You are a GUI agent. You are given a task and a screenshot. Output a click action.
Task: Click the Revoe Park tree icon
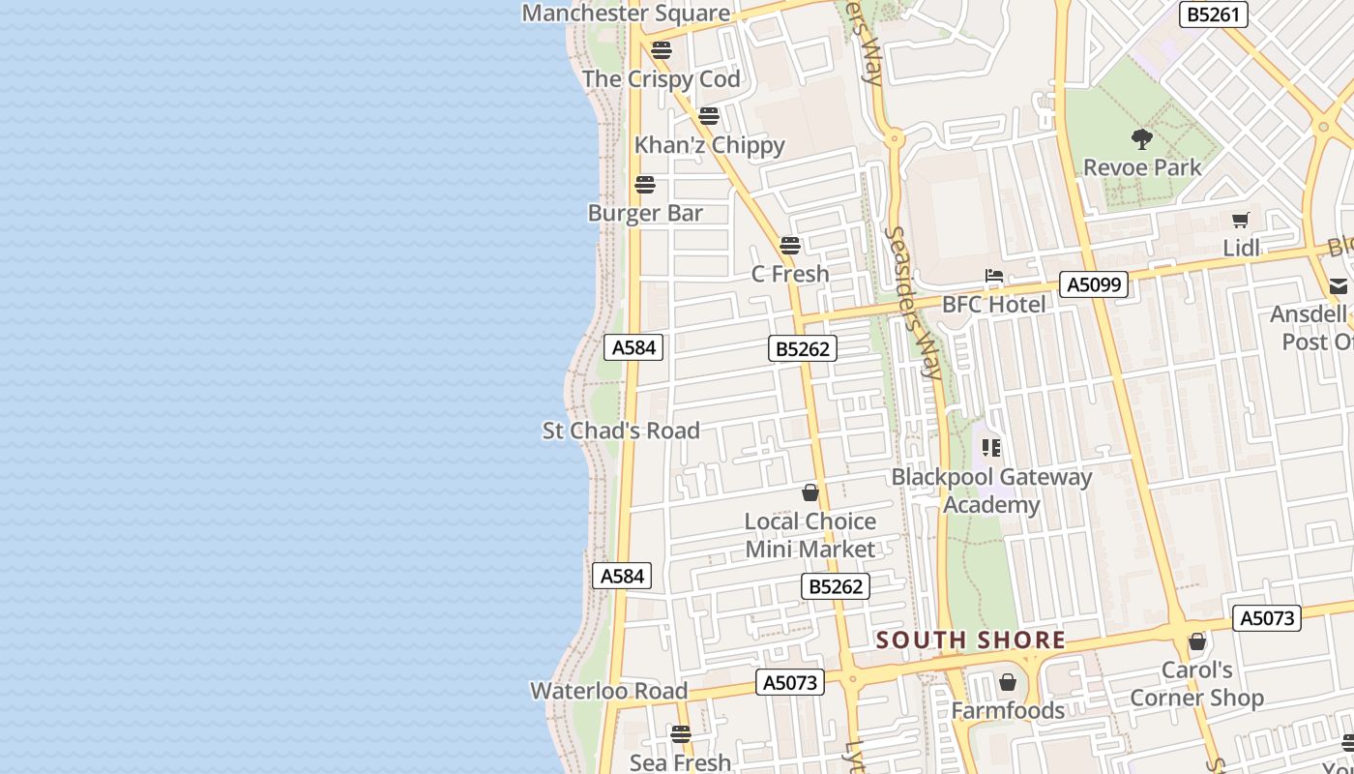coord(1142,139)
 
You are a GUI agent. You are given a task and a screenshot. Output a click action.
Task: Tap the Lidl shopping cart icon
coord(1241,221)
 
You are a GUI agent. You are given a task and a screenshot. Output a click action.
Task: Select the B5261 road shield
coord(1215,15)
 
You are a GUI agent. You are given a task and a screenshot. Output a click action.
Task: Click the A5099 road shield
coord(1094,284)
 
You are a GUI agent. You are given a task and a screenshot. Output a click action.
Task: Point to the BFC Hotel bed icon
coord(994,277)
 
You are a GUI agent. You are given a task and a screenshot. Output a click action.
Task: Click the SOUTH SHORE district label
coord(971,640)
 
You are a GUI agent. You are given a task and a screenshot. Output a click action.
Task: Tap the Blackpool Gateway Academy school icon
coord(991,448)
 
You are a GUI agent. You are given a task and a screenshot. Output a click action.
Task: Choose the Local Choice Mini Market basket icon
coord(810,492)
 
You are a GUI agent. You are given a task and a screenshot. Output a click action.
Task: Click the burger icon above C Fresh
coord(790,246)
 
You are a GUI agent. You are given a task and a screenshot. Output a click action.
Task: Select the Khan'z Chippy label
coord(709,145)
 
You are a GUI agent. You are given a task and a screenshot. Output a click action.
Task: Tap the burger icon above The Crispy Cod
coord(662,50)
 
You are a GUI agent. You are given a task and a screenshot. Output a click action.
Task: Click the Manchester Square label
coord(626,14)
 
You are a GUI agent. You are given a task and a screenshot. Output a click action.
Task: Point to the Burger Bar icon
coord(645,185)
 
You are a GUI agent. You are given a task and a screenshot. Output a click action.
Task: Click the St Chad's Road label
coord(621,431)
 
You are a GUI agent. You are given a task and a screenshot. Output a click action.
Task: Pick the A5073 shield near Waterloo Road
coord(790,682)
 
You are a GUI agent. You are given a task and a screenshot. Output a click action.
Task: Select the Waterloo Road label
coord(609,691)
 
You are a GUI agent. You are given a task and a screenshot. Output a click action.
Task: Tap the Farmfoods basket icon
coord(1008,683)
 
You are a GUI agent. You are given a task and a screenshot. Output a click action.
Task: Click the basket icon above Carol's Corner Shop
coord(1197,641)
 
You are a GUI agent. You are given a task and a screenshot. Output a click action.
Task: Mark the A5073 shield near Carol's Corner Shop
coord(1266,618)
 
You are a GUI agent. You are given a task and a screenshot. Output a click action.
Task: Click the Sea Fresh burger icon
coord(681,734)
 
